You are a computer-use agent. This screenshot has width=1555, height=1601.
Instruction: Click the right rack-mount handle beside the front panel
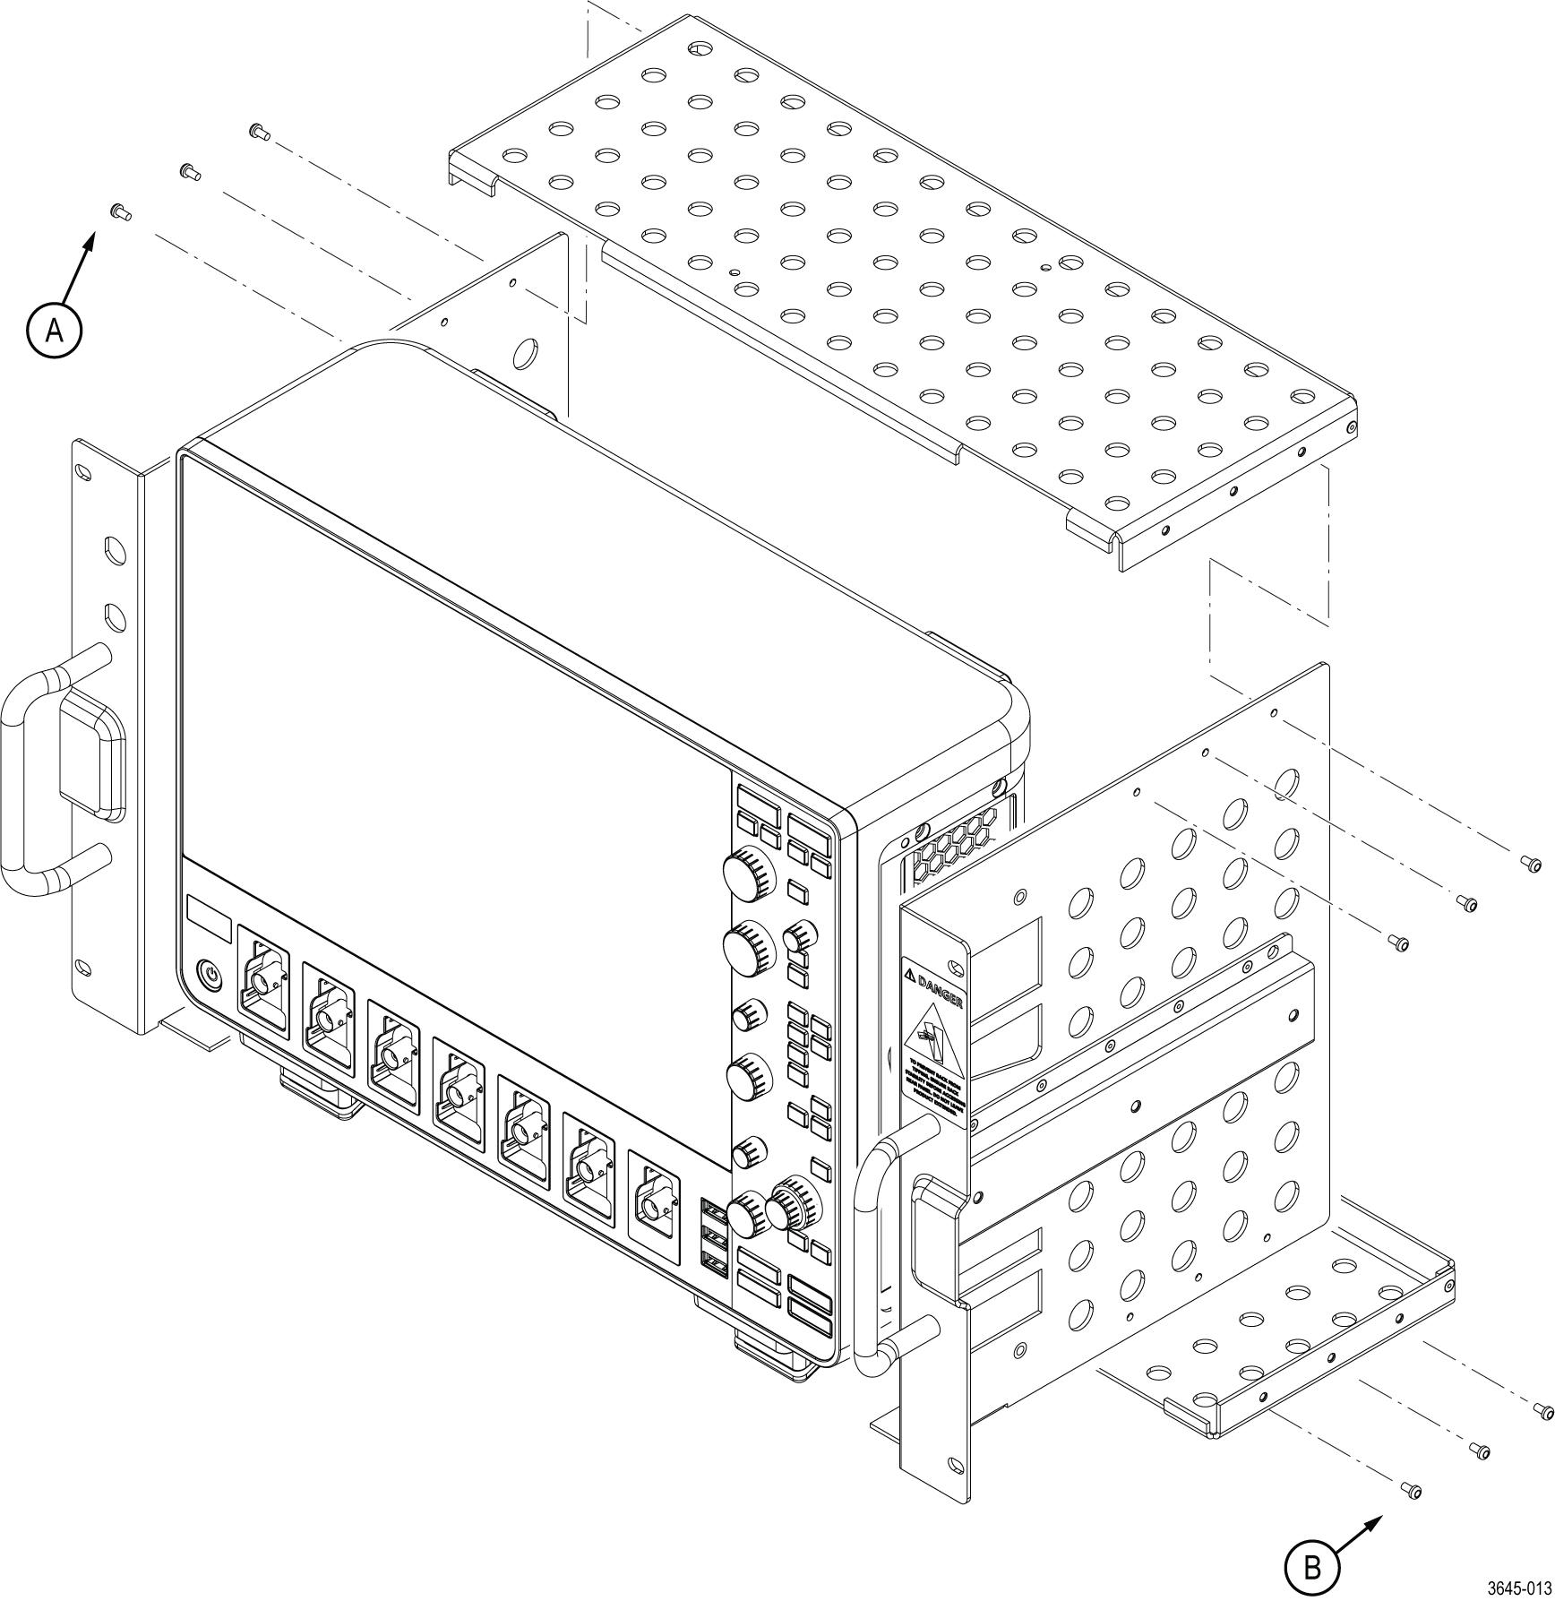tap(873, 1254)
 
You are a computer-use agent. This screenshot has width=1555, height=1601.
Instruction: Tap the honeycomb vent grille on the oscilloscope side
tap(955, 841)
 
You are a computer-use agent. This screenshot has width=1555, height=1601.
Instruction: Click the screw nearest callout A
tap(119, 211)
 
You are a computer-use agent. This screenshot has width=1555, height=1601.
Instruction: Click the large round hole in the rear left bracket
tap(525, 353)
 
